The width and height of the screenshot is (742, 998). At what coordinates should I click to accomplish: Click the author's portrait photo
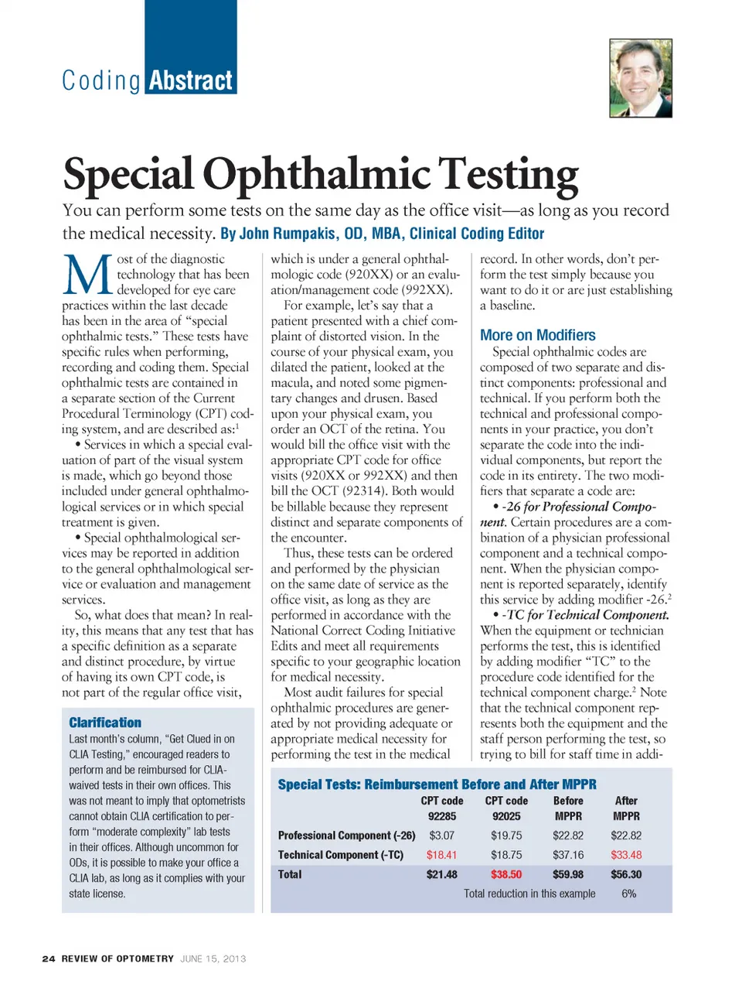(x=640, y=78)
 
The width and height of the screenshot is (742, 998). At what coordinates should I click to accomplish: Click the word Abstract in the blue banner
(x=190, y=81)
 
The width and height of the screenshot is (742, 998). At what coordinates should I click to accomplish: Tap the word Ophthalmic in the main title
(x=317, y=174)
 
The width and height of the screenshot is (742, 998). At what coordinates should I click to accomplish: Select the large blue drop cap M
(x=87, y=275)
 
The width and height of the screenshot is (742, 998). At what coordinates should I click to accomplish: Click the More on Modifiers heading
(x=537, y=335)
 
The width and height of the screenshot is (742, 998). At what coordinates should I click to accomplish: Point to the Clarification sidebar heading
(x=105, y=723)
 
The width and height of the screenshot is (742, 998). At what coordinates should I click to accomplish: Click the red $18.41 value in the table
(x=441, y=855)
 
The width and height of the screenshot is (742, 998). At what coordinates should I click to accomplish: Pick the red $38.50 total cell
(x=505, y=874)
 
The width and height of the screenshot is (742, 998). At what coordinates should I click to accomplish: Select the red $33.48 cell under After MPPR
(x=626, y=855)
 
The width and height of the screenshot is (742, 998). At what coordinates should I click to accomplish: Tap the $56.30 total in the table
(x=626, y=874)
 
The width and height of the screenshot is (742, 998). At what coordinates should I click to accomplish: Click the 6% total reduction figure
(x=629, y=894)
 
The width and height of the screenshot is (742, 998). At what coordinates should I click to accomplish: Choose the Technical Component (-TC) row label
(x=341, y=855)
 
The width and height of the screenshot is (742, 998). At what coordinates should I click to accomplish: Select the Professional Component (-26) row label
(x=346, y=836)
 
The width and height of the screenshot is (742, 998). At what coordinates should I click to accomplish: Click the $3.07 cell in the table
(x=441, y=836)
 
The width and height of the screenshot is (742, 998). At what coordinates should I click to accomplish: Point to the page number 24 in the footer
(x=49, y=959)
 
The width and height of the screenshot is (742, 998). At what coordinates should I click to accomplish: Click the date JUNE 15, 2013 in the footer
(x=213, y=959)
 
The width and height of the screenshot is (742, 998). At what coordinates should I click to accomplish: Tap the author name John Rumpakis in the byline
(x=288, y=234)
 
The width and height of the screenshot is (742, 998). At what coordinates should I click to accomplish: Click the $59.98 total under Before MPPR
(x=568, y=874)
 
